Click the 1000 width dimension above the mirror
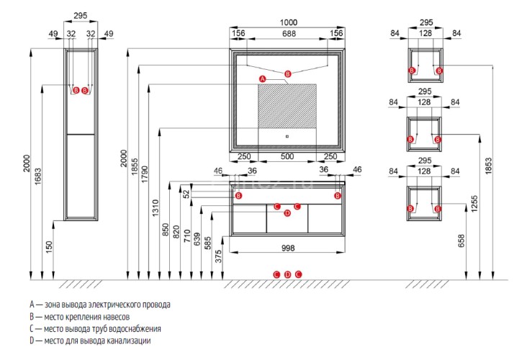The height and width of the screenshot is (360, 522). (287, 22)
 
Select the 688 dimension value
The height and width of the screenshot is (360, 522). (287, 33)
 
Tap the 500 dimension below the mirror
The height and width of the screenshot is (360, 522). (287, 158)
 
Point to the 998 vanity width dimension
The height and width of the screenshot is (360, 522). (287, 248)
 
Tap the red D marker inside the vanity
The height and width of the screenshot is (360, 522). (287, 212)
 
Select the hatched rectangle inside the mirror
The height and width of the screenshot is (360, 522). (287, 107)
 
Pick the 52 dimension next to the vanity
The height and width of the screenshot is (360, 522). (186, 194)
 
